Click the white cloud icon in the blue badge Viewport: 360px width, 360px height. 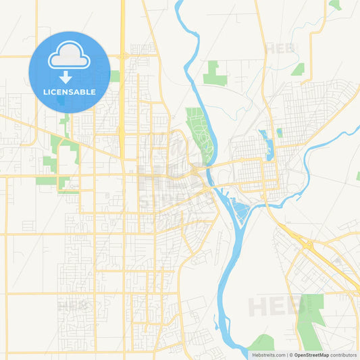[70, 58]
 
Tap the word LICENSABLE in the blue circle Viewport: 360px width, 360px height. [70, 92]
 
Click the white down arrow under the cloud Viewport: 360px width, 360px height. [70, 77]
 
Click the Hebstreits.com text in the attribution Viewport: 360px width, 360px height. [268, 355]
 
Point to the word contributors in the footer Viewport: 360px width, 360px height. [344, 355]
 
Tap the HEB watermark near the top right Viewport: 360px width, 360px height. [280, 49]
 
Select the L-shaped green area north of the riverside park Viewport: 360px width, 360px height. [215, 73]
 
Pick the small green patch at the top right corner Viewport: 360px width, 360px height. [335, 5]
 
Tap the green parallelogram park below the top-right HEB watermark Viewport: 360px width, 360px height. [298, 68]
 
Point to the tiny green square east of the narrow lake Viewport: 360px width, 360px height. [279, 133]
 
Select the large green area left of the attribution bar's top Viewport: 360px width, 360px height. [310, 321]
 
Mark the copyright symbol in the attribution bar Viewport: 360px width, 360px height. [290, 355]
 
